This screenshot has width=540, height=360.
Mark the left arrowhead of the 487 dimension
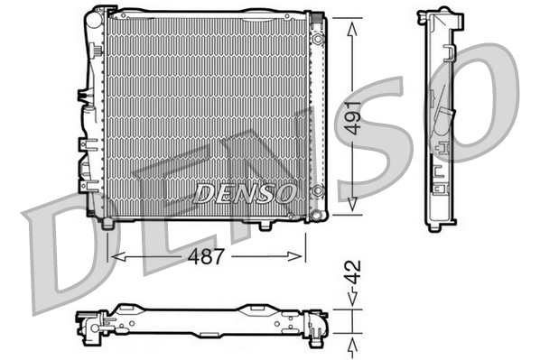click(113, 257)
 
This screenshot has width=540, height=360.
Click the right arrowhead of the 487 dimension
click(302, 257)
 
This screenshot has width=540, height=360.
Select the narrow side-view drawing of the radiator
click(439, 117)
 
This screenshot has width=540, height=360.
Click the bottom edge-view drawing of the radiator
click(203, 322)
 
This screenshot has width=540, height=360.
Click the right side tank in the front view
click(317, 113)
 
